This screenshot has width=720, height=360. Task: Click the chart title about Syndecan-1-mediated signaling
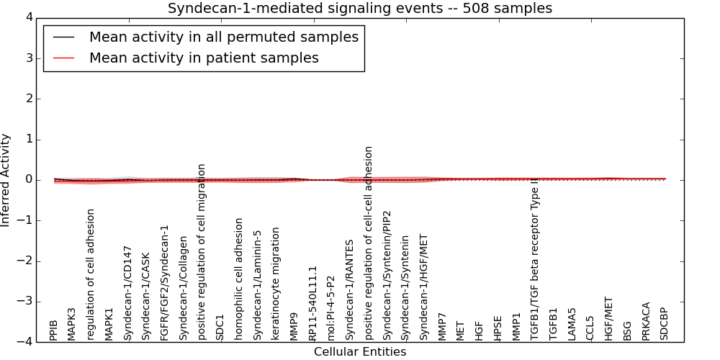pyautogui.click(x=360, y=9)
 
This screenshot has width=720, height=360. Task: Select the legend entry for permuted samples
pyautogui.click(x=223, y=37)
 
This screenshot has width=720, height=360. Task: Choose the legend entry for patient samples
pyautogui.click(x=204, y=58)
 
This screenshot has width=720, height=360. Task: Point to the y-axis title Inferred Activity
pyautogui.click(x=6, y=180)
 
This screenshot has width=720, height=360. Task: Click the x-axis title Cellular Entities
pyautogui.click(x=360, y=352)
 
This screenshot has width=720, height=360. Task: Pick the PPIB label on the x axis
pyautogui.click(x=54, y=330)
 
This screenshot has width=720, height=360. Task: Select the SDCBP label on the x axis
pyautogui.click(x=665, y=324)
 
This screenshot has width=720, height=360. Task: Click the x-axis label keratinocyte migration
pyautogui.click(x=276, y=284)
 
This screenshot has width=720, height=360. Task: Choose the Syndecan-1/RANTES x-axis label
pyautogui.click(x=350, y=289)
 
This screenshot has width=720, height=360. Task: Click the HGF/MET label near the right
pyautogui.click(x=609, y=318)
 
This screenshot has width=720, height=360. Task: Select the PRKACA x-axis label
pyautogui.click(x=646, y=321)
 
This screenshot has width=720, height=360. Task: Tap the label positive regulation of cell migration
pyautogui.click(x=202, y=252)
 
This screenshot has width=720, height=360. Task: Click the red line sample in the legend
pyautogui.click(x=64, y=58)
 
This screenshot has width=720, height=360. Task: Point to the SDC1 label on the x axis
pyautogui.click(x=220, y=327)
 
